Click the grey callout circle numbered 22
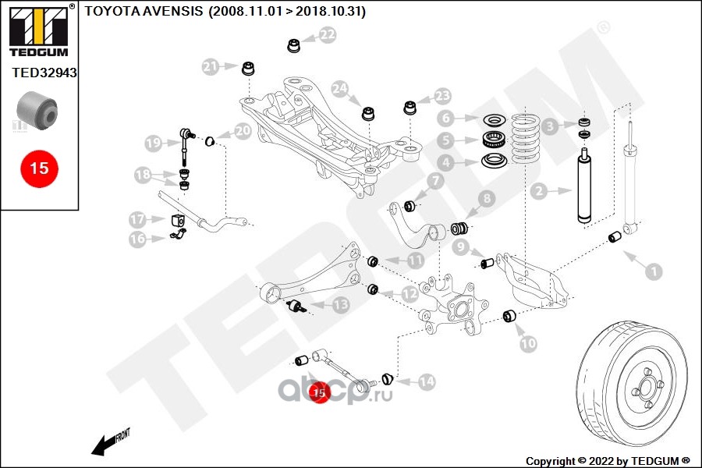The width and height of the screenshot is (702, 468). coord(327,34)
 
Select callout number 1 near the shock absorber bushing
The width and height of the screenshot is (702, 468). coord(652,271)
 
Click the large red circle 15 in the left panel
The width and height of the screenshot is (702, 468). coord(39,167)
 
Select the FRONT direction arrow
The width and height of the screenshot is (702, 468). coord(110,442)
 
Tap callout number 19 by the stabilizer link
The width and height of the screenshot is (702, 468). coord(154,143)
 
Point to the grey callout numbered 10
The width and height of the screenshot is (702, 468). coord(528,342)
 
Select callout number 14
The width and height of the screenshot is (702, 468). coord(425,382)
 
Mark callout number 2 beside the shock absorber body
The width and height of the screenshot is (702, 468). coord(537,190)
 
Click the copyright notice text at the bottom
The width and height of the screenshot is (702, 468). coord(608,459)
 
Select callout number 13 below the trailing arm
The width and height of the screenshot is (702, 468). coord(341,305)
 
